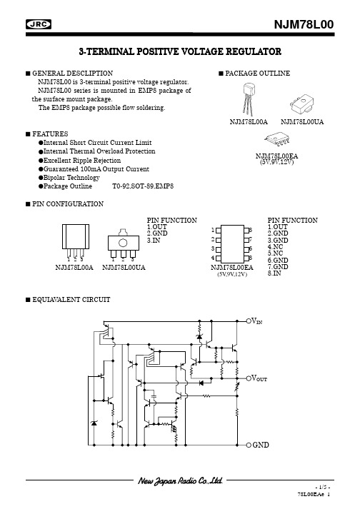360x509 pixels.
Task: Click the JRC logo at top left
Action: [x=39, y=24]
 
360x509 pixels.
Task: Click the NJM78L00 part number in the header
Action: [x=304, y=25]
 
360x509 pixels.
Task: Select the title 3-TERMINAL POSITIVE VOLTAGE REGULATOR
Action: [x=180, y=51]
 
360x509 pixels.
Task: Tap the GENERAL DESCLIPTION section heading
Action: [x=72, y=74]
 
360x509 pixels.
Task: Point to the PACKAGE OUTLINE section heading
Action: [x=258, y=74]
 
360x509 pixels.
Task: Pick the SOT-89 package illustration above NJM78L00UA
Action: [x=302, y=104]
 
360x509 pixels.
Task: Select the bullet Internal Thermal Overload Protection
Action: [x=99, y=151]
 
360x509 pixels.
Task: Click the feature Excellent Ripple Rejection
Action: [x=82, y=161]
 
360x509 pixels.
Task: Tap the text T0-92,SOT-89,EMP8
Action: [x=143, y=186]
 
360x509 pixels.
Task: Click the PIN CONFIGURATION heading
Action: [x=68, y=204]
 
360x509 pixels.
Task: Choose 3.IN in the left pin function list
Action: [x=154, y=241]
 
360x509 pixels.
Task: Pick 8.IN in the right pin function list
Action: [x=274, y=273]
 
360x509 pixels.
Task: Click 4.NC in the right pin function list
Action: [x=275, y=247]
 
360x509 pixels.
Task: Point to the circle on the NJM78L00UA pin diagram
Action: [x=123, y=243]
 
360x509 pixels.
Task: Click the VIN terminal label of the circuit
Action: [x=256, y=321]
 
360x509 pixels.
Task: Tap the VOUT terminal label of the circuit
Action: [x=259, y=378]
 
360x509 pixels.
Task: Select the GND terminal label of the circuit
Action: [x=261, y=445]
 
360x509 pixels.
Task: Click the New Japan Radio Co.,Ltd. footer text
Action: [x=180, y=480]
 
